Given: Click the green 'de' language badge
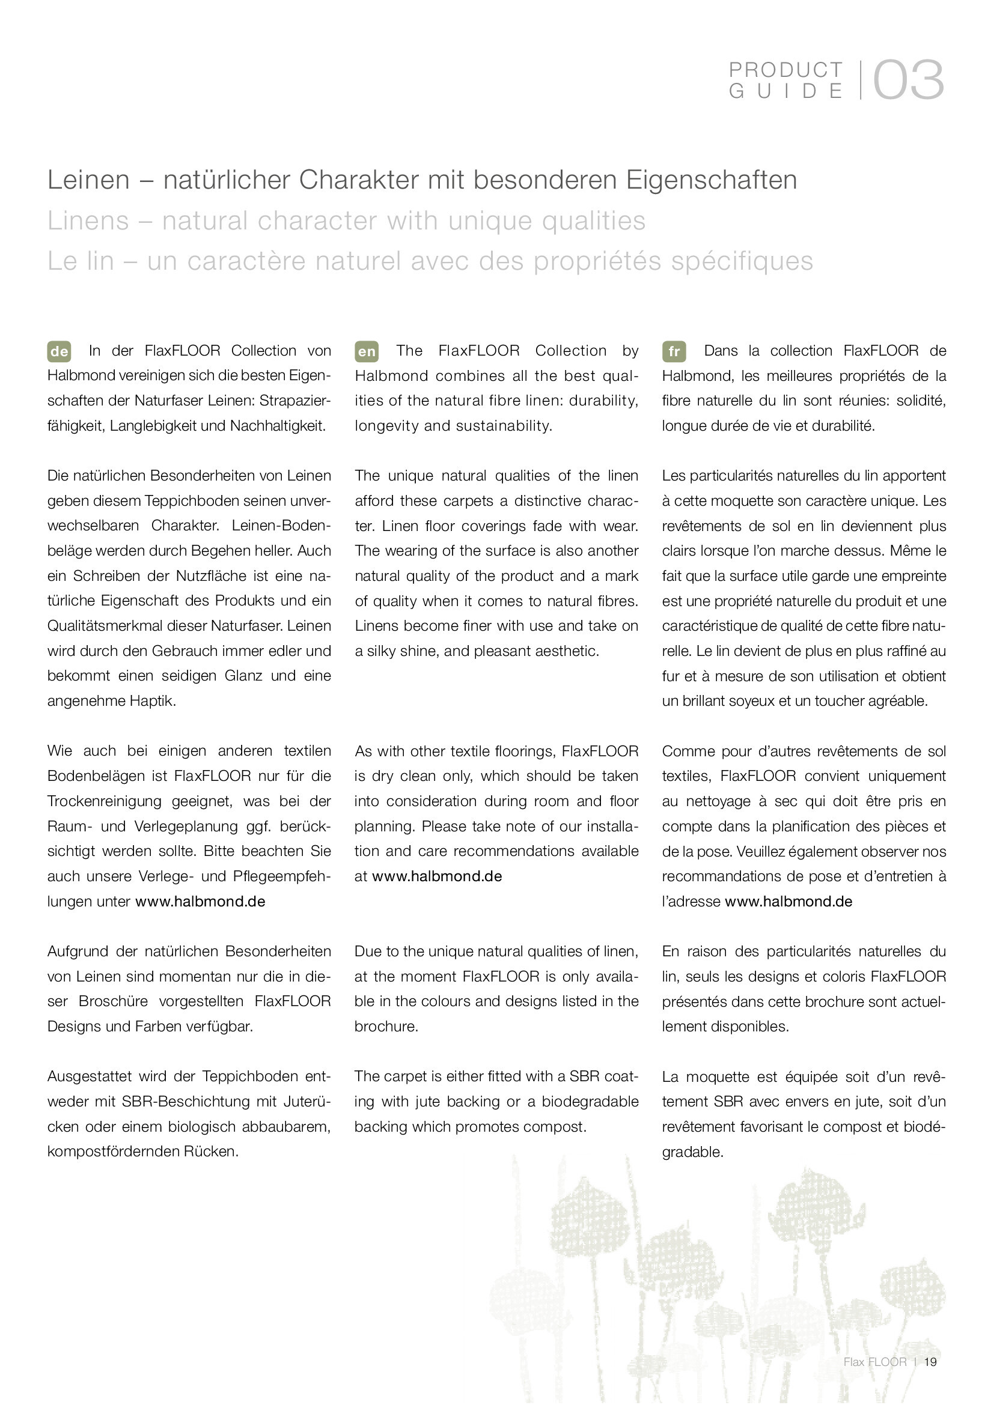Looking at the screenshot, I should coord(59,351).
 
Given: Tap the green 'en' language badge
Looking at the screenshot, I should coord(366,351).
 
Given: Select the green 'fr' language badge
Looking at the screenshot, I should coord(673,351).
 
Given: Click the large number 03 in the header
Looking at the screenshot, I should coord(908,80).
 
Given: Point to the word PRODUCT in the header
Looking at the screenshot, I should coord(786,70).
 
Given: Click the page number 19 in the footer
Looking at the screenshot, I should coord(930,1362).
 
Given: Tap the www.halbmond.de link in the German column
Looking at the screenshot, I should coord(200,902).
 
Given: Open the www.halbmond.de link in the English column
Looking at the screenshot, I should coord(437,876).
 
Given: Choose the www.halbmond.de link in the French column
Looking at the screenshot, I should coord(788,902).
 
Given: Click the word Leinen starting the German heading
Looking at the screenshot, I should coord(89,180).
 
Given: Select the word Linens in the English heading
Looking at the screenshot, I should coord(88,221).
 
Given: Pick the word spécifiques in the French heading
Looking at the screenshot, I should coord(742,261).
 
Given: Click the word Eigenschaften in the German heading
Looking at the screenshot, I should coord(711,180).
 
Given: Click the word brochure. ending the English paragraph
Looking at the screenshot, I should coord(386,1026).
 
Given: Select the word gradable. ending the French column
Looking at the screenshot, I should coord(692,1152).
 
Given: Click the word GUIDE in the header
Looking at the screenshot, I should coord(786,91).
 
